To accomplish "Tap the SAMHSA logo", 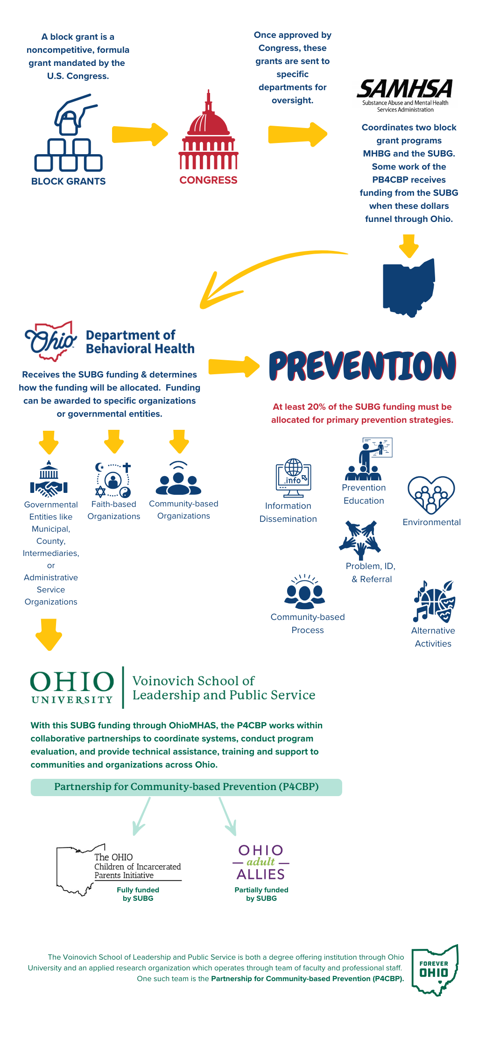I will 405,95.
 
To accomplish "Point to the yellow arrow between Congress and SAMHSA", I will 297,135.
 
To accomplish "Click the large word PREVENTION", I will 362,365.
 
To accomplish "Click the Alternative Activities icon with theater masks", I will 434,602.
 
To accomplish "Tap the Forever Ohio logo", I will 435,969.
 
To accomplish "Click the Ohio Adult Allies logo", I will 261,862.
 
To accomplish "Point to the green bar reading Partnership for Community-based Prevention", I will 186,787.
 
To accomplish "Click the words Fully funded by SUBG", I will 138,894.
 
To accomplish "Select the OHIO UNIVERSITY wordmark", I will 72,687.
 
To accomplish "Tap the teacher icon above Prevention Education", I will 368,460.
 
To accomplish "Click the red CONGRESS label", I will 208,180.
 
